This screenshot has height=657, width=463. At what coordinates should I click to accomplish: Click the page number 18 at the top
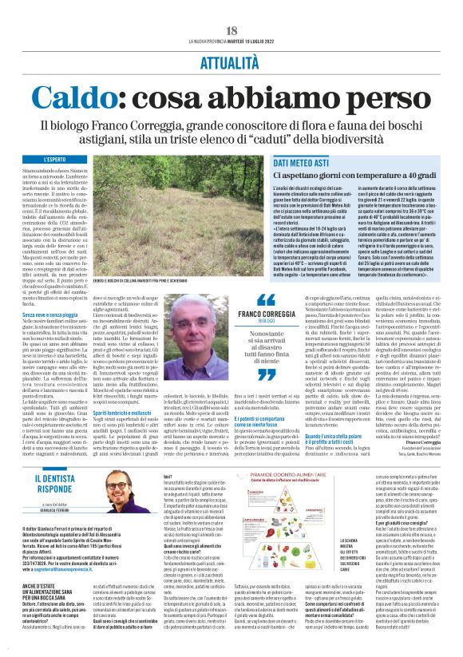pos(231,30)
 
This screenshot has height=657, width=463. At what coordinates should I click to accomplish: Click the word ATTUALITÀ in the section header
pos(231,59)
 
